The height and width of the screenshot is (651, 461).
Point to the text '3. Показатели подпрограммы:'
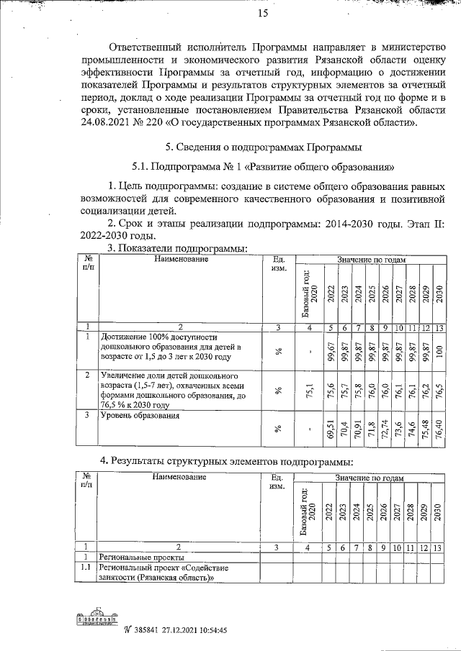tap(177, 248)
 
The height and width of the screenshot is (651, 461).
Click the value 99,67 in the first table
tap(331, 350)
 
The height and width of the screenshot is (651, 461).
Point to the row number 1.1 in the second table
tap(86, 568)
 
